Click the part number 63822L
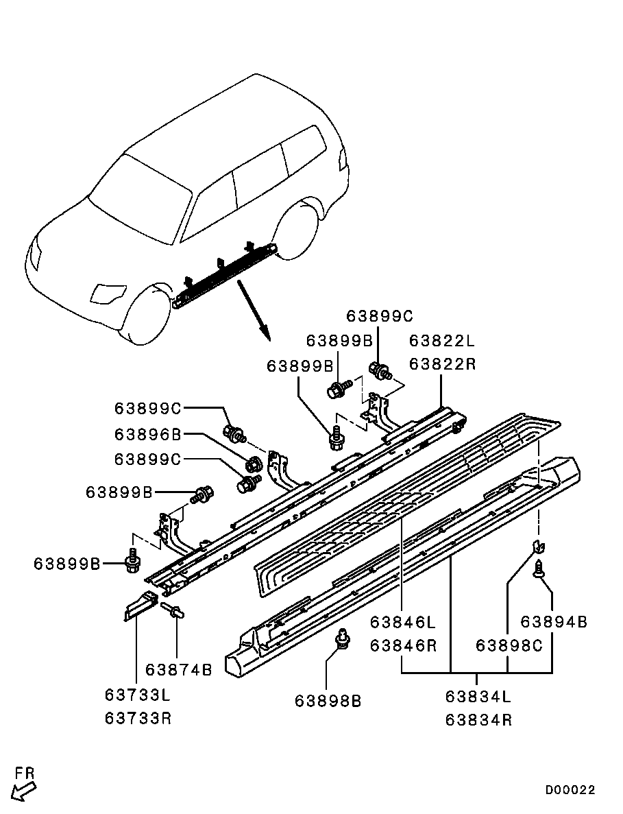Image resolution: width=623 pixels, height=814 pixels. tap(442, 341)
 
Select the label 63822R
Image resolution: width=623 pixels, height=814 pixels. tap(442, 364)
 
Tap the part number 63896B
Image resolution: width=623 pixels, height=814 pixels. tap(148, 434)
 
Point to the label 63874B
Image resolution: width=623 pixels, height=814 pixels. tap(179, 670)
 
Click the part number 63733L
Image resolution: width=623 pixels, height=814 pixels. tap(138, 694)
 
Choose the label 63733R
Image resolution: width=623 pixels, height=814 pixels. tap(138, 718)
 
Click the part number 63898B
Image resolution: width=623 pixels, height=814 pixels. tap(328, 701)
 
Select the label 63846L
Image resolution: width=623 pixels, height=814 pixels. tap(403, 621)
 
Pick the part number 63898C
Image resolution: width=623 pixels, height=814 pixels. tap(509, 645)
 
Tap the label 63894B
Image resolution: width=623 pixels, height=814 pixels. tap(554, 621)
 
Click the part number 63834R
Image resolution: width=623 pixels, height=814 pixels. tap(479, 720)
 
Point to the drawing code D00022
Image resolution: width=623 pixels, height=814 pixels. tap(570, 789)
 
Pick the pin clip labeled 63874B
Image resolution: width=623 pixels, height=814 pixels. tap(173, 610)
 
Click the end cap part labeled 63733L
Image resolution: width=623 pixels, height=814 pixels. tap(140, 605)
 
